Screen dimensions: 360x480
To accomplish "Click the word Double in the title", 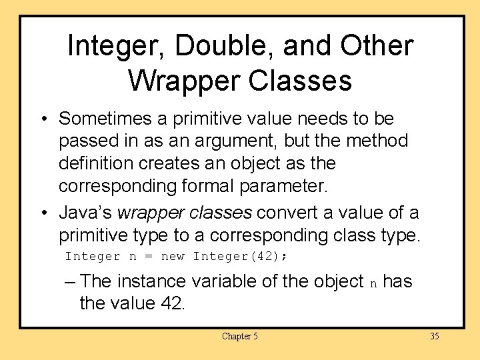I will pyautogui.click(x=223, y=47).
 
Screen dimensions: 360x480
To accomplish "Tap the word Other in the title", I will pyautogui.click(x=378, y=45).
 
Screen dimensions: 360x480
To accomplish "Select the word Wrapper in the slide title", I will pyautogui.click(x=181, y=81).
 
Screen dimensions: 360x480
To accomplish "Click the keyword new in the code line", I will pyautogui.click(x=173, y=256).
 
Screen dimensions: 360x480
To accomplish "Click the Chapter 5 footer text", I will pyautogui.click(x=239, y=336).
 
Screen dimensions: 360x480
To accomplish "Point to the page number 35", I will pyautogui.click(x=434, y=336).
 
